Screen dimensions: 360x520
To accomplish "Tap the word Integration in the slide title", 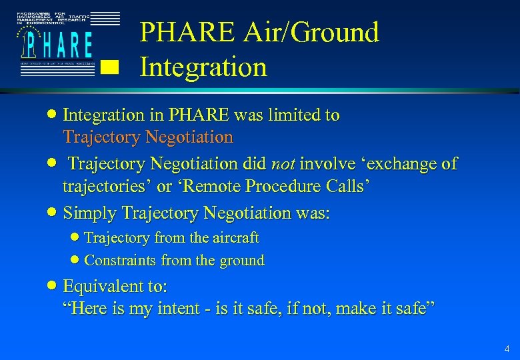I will (203, 67).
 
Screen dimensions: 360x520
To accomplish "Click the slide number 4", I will (507, 349).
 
